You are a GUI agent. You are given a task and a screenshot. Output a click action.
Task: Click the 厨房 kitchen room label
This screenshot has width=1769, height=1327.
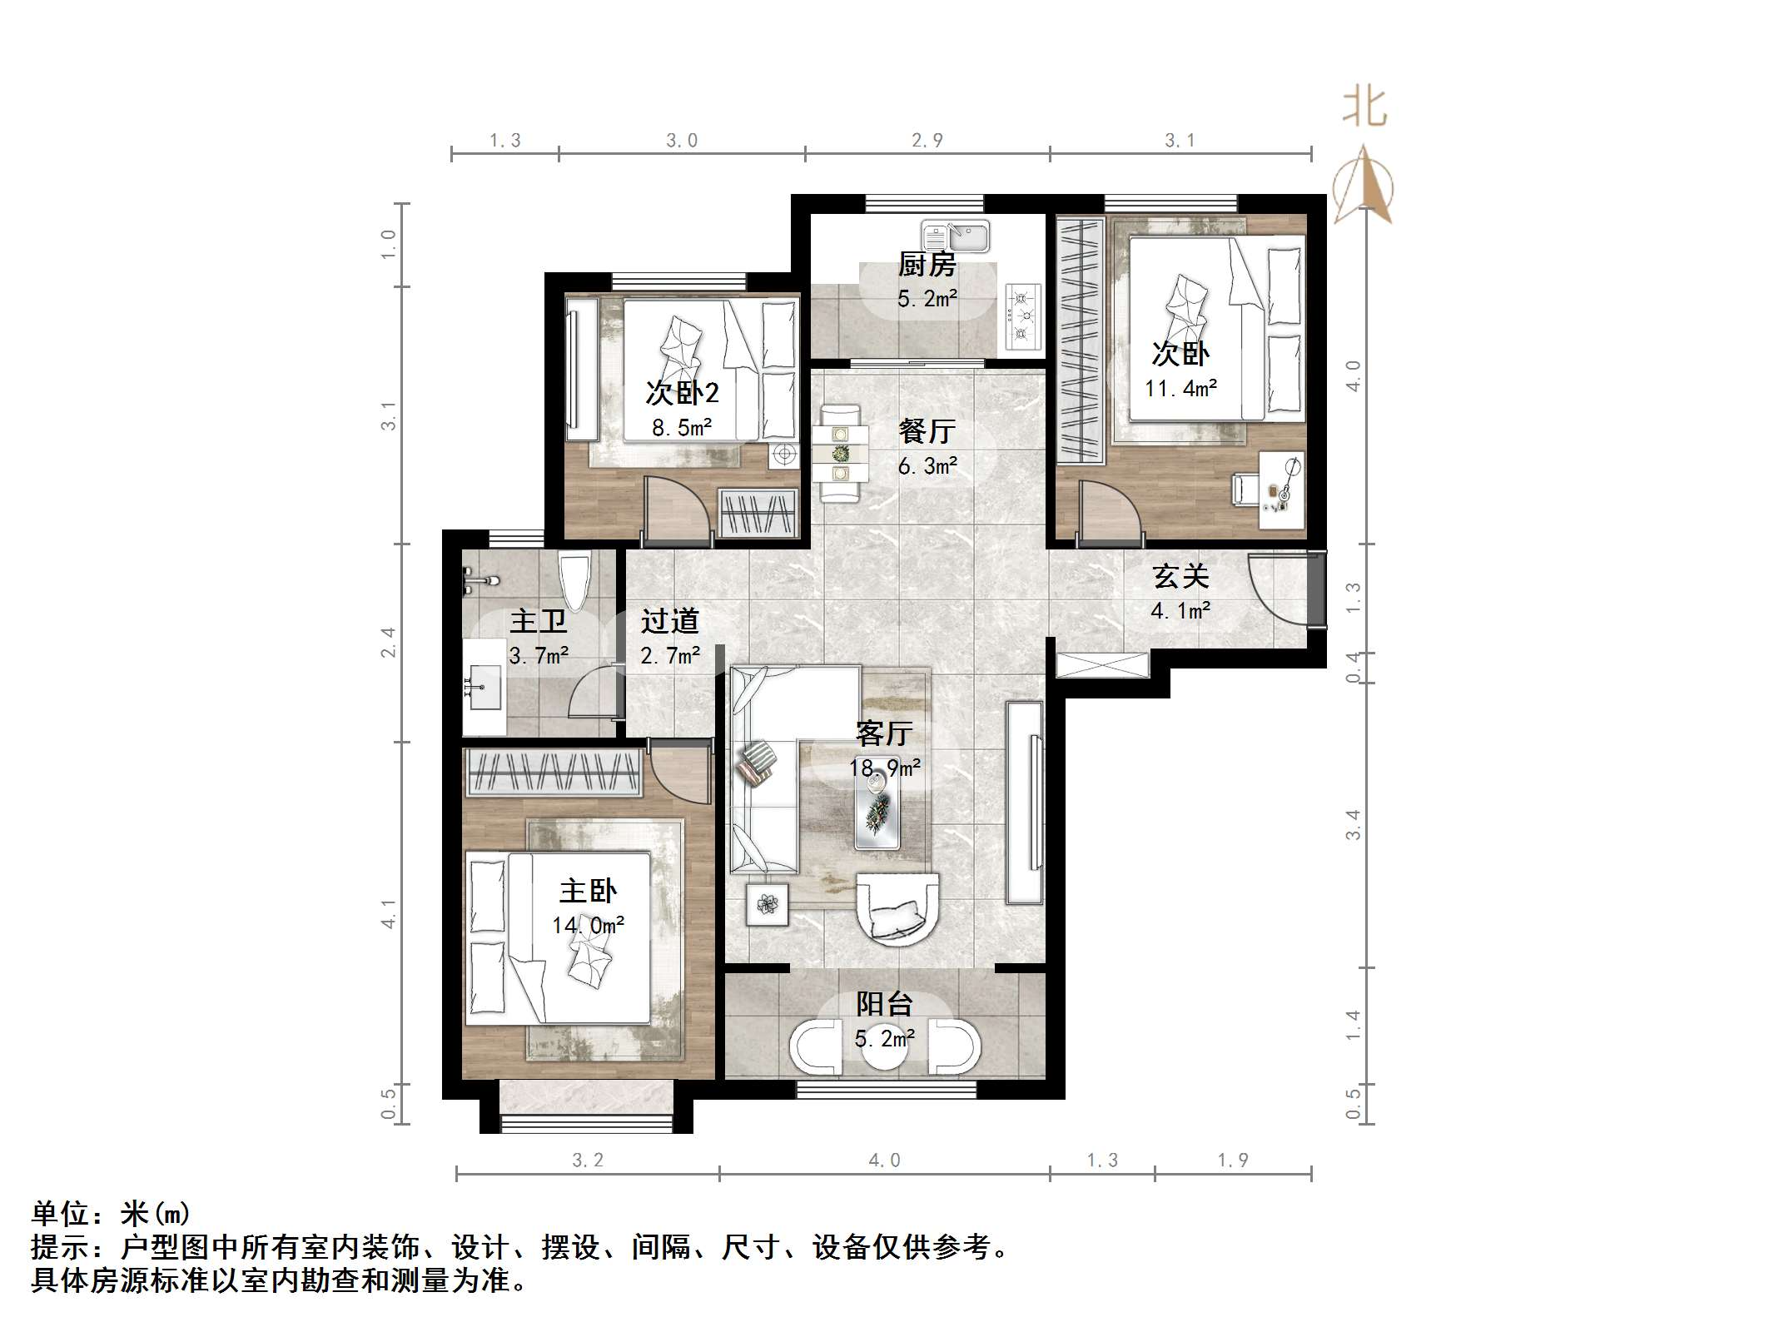(x=927, y=265)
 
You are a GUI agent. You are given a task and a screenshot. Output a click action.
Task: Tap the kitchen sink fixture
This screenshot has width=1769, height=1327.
(x=955, y=236)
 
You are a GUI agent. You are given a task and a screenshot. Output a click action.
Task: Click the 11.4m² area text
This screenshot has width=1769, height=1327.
(x=1180, y=388)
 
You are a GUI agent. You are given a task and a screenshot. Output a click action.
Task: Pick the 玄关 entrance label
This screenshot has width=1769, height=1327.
(x=1180, y=576)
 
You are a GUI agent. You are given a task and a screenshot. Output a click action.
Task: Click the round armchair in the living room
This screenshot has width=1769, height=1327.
(x=897, y=907)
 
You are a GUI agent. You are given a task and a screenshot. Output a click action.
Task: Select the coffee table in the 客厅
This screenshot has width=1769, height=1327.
(x=877, y=812)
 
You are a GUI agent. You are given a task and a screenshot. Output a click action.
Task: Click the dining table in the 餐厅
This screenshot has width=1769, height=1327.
(x=841, y=454)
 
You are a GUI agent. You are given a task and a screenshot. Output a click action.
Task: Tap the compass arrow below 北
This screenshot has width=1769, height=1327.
(x=1364, y=185)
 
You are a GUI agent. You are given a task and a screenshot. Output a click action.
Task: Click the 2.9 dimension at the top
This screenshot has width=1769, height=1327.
(x=927, y=141)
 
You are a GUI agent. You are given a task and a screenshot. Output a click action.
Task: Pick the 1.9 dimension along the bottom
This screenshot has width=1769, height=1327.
(x=1232, y=1160)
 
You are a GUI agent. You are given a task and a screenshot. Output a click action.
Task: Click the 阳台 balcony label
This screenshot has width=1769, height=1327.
(x=884, y=1004)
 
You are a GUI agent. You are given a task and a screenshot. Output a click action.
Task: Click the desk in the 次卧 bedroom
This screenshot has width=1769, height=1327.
(x=1280, y=490)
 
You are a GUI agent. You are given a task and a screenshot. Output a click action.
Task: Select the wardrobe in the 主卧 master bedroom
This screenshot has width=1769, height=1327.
(x=553, y=772)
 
